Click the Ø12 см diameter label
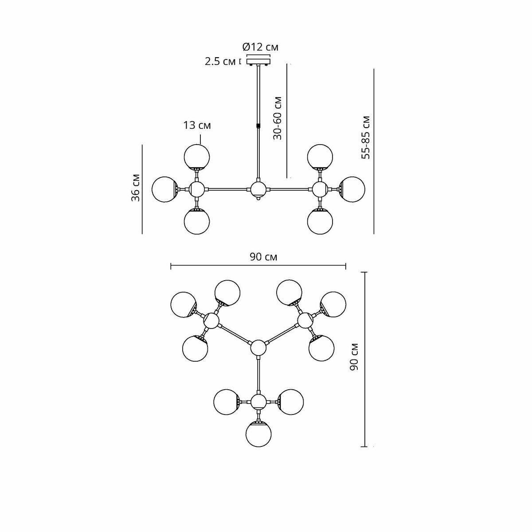260,47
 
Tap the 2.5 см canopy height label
220,61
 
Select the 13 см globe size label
197,125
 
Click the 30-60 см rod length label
278,118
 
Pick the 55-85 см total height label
366,137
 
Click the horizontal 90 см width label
263,257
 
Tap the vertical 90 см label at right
354,357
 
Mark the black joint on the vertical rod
258,125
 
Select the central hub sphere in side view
258,189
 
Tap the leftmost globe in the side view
164,189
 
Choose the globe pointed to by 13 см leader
197,157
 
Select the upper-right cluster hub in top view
305,320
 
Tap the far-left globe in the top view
183,305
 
